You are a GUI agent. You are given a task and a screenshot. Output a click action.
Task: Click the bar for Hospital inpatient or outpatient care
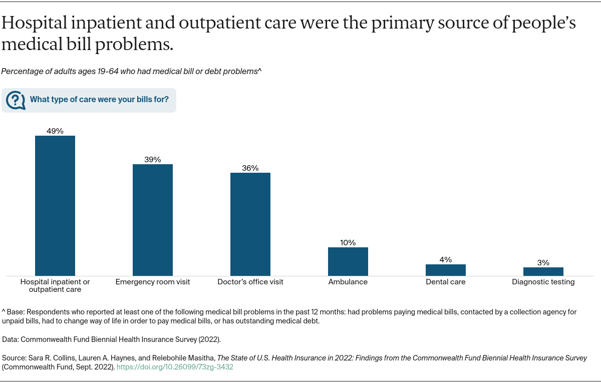point(55,205)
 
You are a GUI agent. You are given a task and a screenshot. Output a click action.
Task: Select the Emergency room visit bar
point(153,220)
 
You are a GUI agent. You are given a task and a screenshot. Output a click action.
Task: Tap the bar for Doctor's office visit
point(250,224)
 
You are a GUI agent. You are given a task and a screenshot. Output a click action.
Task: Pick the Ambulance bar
point(348,261)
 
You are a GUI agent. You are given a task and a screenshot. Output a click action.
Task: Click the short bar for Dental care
point(446,270)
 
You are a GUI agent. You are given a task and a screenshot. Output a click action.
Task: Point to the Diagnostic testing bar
point(543,271)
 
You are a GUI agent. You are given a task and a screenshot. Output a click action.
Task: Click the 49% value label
point(55,131)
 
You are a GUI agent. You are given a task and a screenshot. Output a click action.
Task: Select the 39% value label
point(153,160)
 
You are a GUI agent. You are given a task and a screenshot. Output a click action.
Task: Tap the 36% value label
point(250,168)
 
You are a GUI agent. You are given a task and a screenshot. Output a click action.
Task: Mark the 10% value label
point(348,243)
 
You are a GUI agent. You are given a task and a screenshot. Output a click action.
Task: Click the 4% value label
point(446,259)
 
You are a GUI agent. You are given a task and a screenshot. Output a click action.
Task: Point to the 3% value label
point(543,262)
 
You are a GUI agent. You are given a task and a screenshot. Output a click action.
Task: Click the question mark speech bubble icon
point(16,100)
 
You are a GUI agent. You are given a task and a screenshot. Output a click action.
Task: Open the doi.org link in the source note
point(175,367)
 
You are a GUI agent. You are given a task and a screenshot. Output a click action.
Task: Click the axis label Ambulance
point(348,282)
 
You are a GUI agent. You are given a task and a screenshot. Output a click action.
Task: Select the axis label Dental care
point(446,282)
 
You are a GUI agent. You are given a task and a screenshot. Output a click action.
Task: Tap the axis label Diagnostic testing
point(543,282)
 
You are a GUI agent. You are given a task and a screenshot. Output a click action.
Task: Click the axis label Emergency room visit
point(153,282)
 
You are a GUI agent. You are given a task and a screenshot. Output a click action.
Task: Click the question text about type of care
point(99,99)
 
